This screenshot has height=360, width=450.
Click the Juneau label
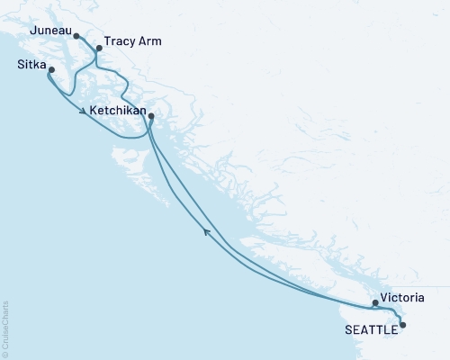click(49, 30)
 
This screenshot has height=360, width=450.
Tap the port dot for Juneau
click(76, 37)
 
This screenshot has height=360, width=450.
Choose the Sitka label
click(32, 65)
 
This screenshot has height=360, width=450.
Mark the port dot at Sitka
click(51, 70)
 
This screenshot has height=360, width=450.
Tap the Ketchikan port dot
click(150, 116)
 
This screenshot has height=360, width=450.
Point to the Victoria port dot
click(375, 303)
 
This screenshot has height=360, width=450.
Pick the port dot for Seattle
click(402, 325)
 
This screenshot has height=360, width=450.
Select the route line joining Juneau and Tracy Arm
click(87, 43)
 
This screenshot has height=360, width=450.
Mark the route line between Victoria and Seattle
click(393, 310)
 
